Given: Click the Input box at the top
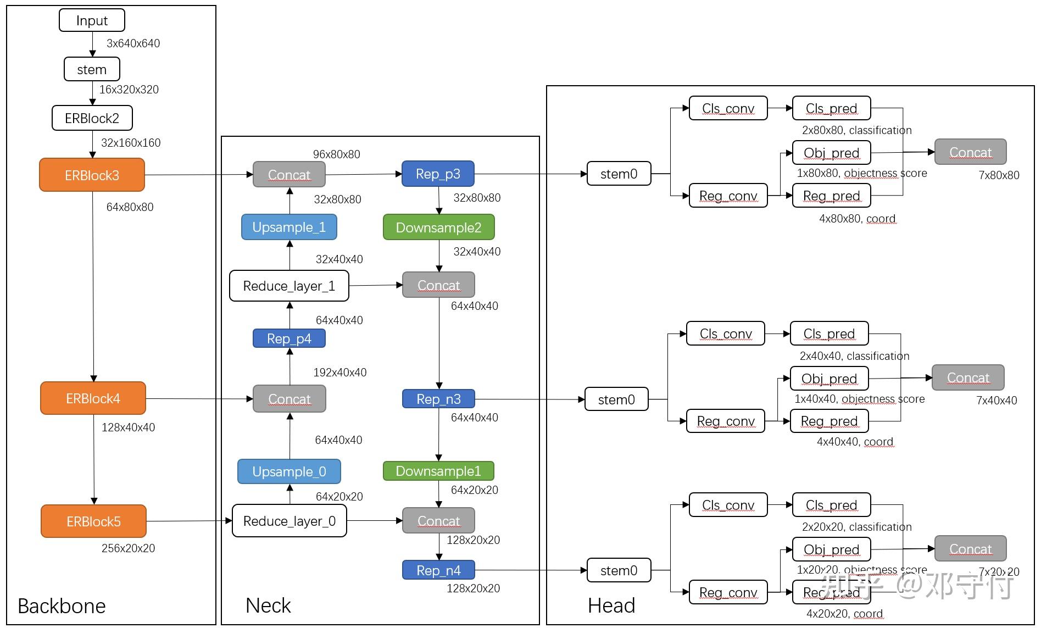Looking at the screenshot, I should click(92, 20).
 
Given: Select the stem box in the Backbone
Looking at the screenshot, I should click(92, 69).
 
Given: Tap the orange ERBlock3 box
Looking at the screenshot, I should click(92, 175).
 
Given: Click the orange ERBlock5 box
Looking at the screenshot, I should click(93, 521).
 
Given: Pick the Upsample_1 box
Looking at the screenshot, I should click(289, 227).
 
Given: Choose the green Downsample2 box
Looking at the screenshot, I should click(438, 227).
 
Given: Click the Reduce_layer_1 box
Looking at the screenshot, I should click(289, 286).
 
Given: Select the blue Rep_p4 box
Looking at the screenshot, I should click(289, 338).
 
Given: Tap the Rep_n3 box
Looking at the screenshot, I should click(438, 399).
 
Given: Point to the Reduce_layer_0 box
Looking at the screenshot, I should click(289, 521).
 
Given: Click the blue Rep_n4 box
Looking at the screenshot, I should click(438, 570).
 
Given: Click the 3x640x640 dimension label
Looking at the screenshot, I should click(133, 43).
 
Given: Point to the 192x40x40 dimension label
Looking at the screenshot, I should click(339, 373).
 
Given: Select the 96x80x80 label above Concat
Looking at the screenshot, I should click(336, 154).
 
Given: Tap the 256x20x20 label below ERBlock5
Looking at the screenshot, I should click(128, 548).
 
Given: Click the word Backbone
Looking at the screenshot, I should click(62, 605).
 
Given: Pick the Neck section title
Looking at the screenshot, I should click(268, 605).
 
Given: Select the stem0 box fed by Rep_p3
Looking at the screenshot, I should click(619, 174).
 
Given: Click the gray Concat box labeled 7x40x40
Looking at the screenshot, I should click(968, 377).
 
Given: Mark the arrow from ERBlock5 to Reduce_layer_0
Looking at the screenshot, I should click(189, 521).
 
